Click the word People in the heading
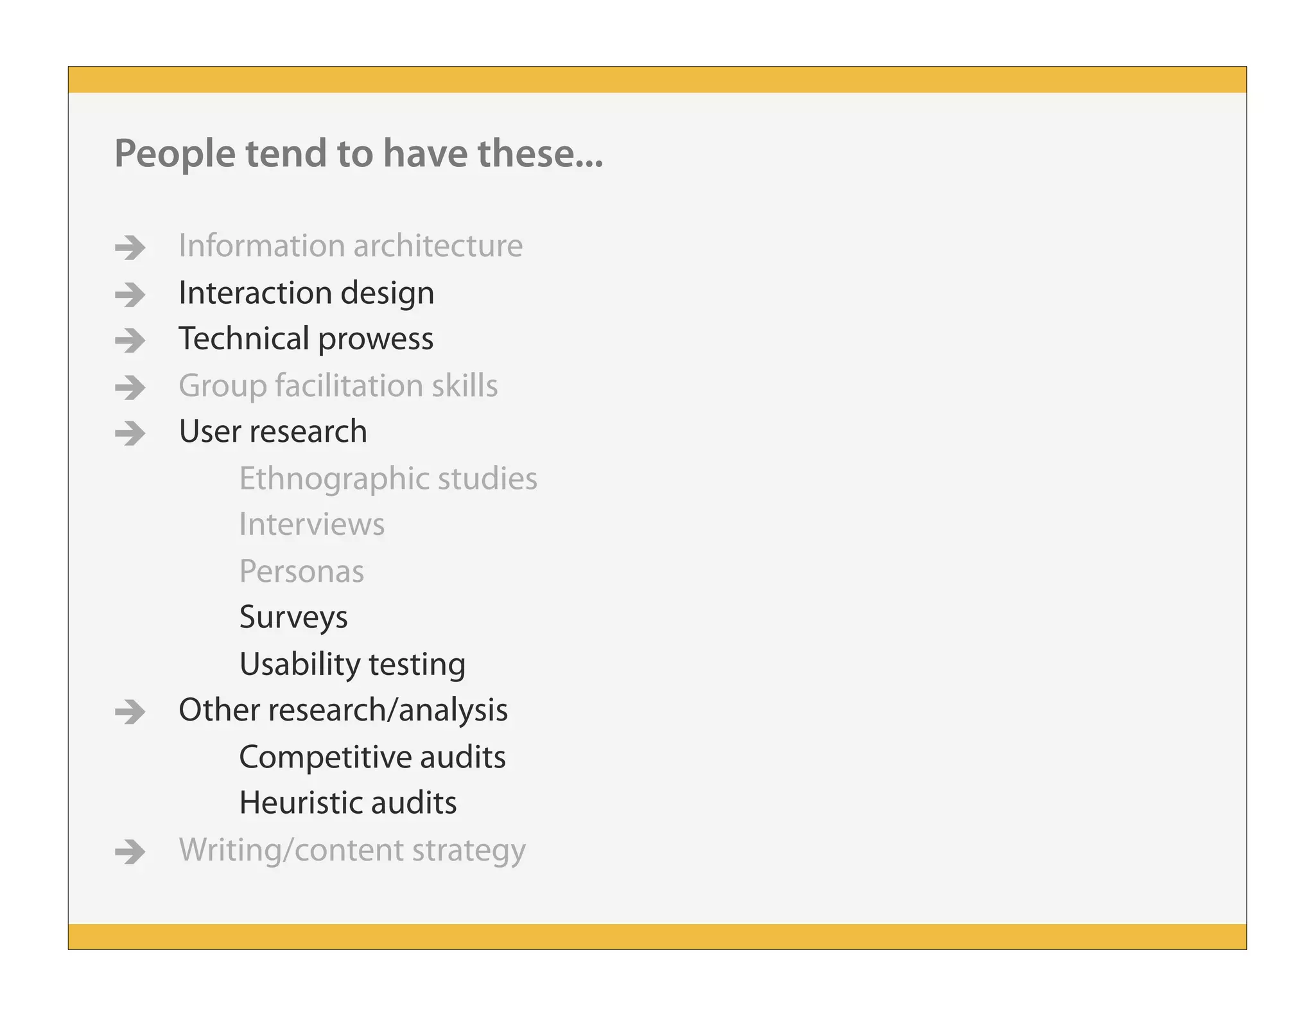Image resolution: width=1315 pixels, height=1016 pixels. (x=175, y=154)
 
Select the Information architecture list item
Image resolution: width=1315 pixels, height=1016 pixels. (x=351, y=245)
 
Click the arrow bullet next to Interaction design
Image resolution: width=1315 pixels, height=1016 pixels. (x=130, y=294)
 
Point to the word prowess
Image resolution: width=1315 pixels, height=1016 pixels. (x=376, y=339)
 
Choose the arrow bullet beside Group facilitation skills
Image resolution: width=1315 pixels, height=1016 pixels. (x=130, y=387)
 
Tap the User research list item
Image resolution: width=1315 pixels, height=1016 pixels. (x=273, y=431)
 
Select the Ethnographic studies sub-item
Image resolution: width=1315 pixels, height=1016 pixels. (x=388, y=479)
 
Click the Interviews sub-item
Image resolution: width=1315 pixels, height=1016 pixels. (x=311, y=524)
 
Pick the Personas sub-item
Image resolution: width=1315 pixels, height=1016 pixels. (x=301, y=571)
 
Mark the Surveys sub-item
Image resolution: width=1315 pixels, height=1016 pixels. (x=293, y=618)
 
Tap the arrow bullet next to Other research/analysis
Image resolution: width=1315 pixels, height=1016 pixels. (x=130, y=712)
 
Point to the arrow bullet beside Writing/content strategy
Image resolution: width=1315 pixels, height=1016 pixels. (x=130, y=852)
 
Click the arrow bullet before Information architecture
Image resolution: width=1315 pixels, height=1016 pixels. (x=130, y=247)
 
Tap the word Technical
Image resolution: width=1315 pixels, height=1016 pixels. (x=244, y=338)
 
